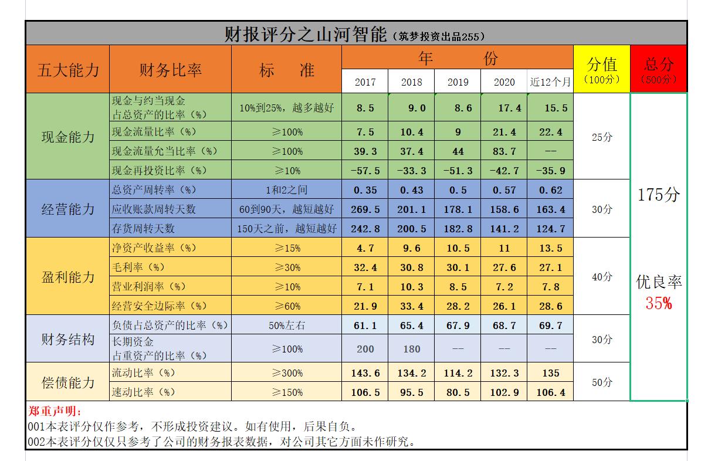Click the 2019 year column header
coord(458,82)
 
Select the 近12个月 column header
coord(550,82)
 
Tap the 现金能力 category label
coord(67,137)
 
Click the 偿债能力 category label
coord(67,382)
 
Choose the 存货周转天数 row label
coord(143,228)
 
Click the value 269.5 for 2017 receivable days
coord(365,209)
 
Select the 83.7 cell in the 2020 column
coord(504,151)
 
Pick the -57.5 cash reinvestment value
coord(365,171)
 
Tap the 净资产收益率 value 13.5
coord(550,248)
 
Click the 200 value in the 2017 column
coord(365,349)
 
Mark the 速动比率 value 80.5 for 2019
coord(458,392)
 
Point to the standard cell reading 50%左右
coord(287,326)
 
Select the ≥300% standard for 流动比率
coord(287,373)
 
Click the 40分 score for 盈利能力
coord(601,277)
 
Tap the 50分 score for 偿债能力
coord(601,382)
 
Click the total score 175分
coord(658,195)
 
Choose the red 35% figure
coord(658,303)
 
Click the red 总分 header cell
coord(658,69)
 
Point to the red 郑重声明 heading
coord(56,412)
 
